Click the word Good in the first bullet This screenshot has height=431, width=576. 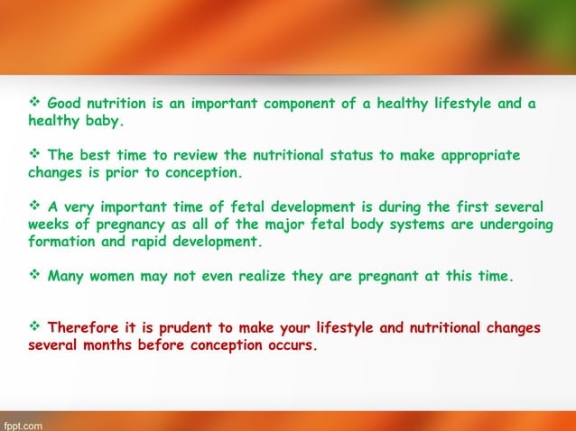[64, 104]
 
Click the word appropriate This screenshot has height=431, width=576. [474, 155]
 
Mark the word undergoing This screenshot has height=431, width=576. [505, 225]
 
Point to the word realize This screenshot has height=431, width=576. [255, 277]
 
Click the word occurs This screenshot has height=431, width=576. [290, 344]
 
